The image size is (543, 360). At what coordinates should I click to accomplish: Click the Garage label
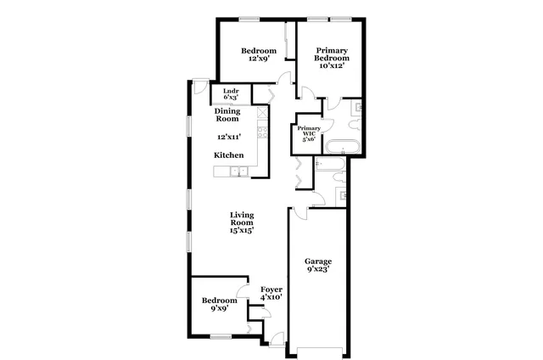(x=318, y=261)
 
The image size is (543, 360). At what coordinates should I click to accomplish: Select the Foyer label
(x=271, y=290)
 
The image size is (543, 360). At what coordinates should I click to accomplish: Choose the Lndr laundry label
(x=231, y=92)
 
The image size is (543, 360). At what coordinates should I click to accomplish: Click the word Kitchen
(x=229, y=155)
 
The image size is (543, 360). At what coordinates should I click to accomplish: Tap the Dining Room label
(x=227, y=115)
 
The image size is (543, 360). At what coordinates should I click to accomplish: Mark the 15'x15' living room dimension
(x=242, y=229)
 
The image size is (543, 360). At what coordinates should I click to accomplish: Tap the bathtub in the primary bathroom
(x=344, y=145)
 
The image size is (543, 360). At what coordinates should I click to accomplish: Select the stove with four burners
(x=263, y=131)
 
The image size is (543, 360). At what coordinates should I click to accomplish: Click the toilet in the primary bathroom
(x=358, y=108)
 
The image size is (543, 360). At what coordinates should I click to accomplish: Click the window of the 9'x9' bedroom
(x=221, y=337)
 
